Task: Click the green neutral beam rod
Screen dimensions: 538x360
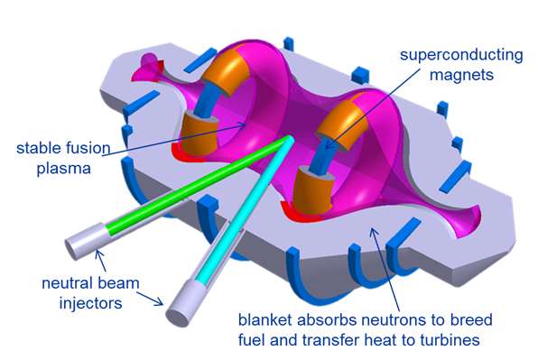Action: (181, 192)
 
